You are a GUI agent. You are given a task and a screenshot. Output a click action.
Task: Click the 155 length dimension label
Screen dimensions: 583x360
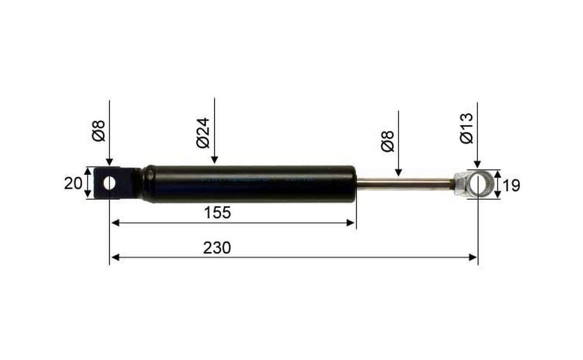[217, 213]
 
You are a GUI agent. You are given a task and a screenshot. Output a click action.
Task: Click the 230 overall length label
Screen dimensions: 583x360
[217, 248]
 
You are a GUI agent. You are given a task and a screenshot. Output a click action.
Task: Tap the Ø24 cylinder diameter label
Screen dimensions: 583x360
[203, 133]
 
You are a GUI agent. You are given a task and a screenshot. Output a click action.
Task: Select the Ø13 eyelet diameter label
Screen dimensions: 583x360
[466, 128]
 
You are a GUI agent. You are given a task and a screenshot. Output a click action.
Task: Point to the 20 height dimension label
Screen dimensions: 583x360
[73, 183]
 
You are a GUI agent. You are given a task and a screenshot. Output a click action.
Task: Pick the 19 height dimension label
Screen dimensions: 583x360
[511, 185]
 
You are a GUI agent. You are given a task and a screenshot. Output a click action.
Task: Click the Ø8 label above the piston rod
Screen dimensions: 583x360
[388, 141]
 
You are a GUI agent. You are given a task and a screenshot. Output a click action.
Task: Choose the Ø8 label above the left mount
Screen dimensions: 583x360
[99, 130]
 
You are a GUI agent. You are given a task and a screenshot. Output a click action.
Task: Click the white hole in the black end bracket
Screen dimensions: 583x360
[110, 183]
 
